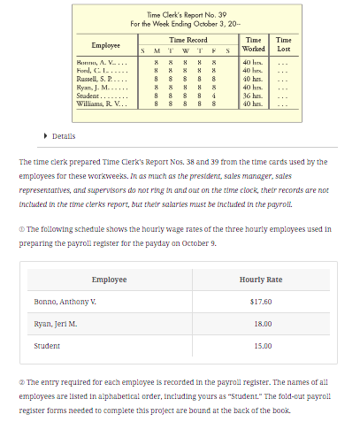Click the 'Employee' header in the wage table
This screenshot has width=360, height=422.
tap(109, 280)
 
